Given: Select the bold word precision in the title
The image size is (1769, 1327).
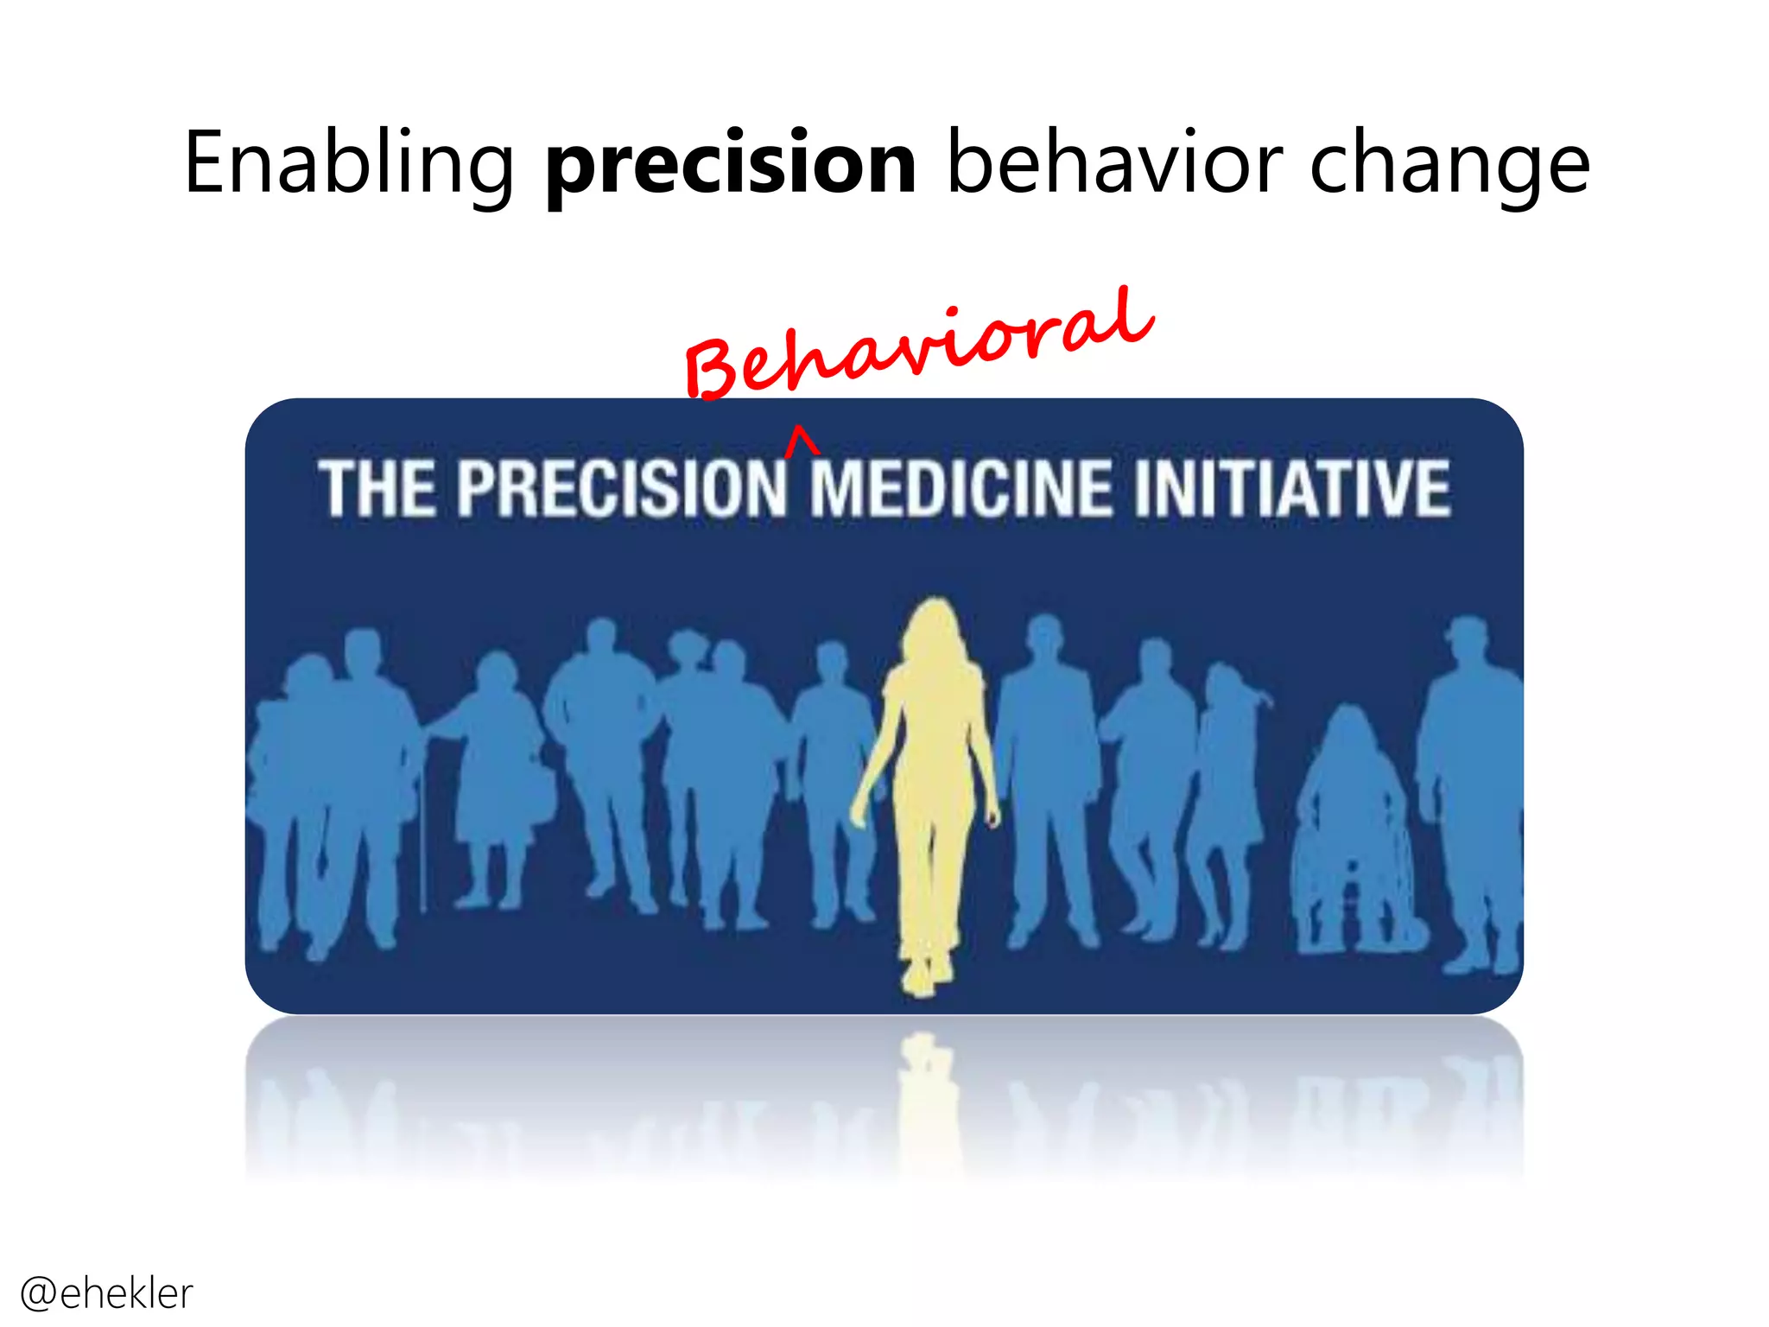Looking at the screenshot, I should click(731, 164).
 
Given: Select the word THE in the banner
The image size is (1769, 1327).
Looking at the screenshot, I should click(377, 489).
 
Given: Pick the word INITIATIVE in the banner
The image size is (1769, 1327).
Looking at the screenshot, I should click(1292, 489).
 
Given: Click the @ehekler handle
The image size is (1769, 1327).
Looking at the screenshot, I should click(105, 1293).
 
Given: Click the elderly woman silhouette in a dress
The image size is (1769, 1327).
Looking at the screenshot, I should click(497, 769).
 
